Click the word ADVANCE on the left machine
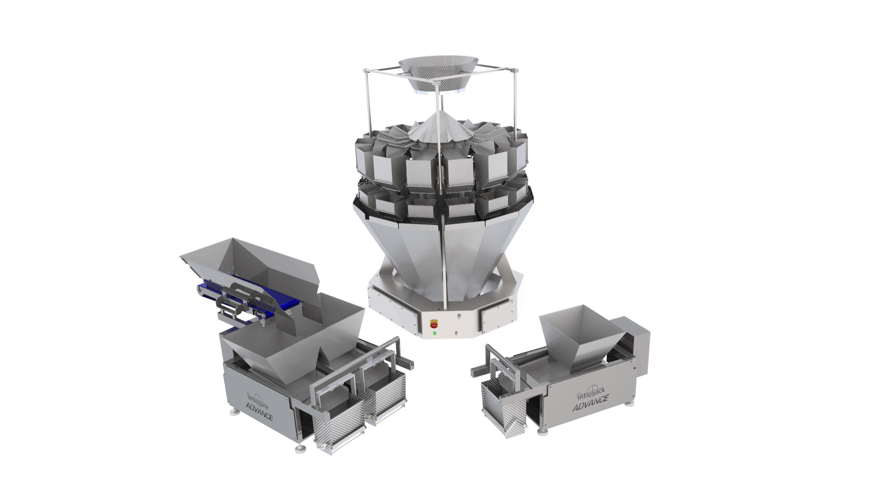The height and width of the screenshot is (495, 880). (259, 412)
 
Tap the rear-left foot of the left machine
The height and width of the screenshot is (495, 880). (235, 412)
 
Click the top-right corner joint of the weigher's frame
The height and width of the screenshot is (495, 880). (517, 71)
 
